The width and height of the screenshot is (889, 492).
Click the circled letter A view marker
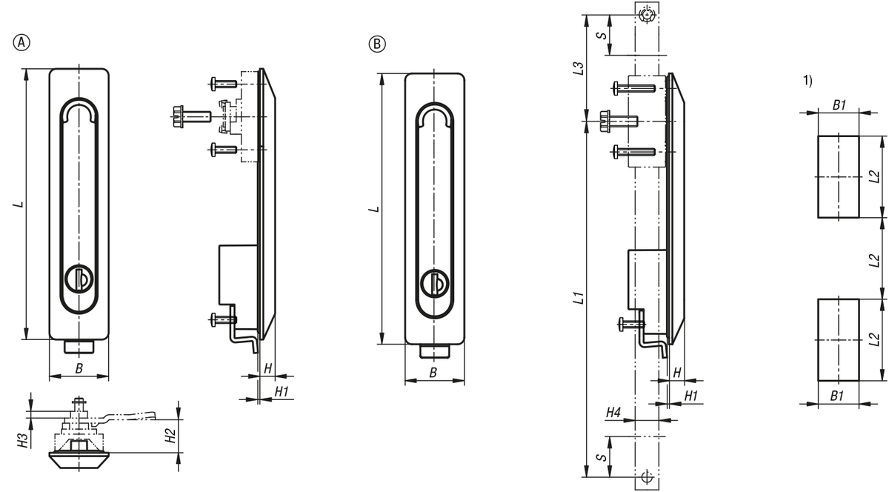point(21,42)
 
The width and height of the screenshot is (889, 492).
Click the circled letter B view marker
point(377,44)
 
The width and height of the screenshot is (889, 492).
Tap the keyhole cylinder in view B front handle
point(435,283)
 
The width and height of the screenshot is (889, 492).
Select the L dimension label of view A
point(19,204)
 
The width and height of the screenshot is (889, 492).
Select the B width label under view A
point(79,368)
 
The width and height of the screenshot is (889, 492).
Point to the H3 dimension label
point(24,441)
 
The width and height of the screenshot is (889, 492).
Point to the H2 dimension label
point(170,436)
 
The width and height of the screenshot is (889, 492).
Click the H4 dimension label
point(613,413)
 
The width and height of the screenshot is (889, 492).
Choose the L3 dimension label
point(579,68)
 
